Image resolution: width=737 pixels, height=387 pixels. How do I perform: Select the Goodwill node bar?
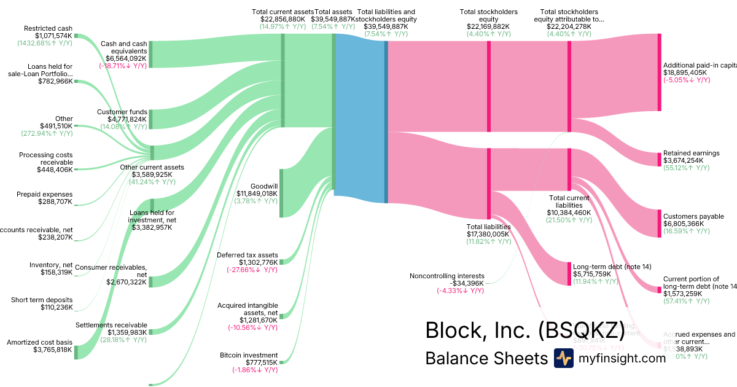click(x=281, y=193)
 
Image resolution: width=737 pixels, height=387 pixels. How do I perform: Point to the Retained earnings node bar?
click(x=660, y=158)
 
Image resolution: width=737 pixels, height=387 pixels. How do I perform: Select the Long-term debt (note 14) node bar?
click(x=569, y=273)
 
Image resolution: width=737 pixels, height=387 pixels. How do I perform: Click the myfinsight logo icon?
click(x=563, y=358)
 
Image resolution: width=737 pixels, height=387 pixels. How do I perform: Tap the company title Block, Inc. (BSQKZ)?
click(x=524, y=330)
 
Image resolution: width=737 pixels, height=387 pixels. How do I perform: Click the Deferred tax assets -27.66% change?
click(x=252, y=270)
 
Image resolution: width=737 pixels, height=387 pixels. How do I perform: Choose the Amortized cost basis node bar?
click(x=76, y=351)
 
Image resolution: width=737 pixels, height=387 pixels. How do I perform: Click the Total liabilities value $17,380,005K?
click(x=488, y=234)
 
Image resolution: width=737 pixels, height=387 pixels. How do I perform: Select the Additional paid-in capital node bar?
click(x=660, y=72)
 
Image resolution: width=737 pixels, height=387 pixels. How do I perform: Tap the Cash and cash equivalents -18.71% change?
click(x=123, y=65)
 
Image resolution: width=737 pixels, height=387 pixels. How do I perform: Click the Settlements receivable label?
click(x=111, y=324)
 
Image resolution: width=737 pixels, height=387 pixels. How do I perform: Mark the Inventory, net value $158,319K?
click(x=51, y=272)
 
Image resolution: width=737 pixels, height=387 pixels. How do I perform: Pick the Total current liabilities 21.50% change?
click(x=569, y=220)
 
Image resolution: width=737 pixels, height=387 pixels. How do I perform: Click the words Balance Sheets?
click(x=485, y=358)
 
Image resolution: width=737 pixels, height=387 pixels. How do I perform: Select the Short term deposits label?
click(x=42, y=300)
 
